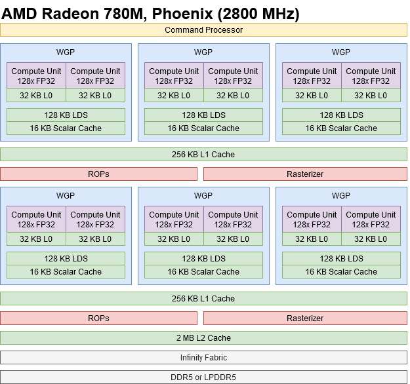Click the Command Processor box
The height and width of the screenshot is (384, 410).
pyautogui.click(x=203, y=30)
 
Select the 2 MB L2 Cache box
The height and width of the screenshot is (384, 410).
pyautogui.click(x=203, y=338)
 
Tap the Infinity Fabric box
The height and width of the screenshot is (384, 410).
pyautogui.click(x=203, y=358)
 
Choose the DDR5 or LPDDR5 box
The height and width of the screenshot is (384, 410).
pyautogui.click(x=203, y=377)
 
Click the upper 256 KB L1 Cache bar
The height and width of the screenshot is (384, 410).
pyautogui.click(x=203, y=155)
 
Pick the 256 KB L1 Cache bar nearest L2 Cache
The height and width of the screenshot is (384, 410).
pyautogui.click(x=203, y=299)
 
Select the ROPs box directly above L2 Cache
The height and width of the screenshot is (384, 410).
pyautogui.click(x=98, y=318)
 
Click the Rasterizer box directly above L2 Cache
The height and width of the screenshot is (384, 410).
pyautogui.click(x=305, y=318)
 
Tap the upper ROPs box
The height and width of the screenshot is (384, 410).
pyautogui.click(x=98, y=174)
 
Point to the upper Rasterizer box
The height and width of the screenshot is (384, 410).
pyautogui.click(x=305, y=174)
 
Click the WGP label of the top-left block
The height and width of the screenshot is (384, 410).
pyautogui.click(x=66, y=52)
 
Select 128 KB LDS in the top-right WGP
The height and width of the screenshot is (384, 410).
pyautogui.click(x=341, y=115)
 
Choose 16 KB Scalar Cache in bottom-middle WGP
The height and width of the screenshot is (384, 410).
pyautogui.click(x=203, y=272)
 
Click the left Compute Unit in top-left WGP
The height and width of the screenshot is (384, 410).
pyautogui.click(x=36, y=76)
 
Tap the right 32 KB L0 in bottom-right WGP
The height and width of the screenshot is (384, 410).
pyautogui.click(x=371, y=239)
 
